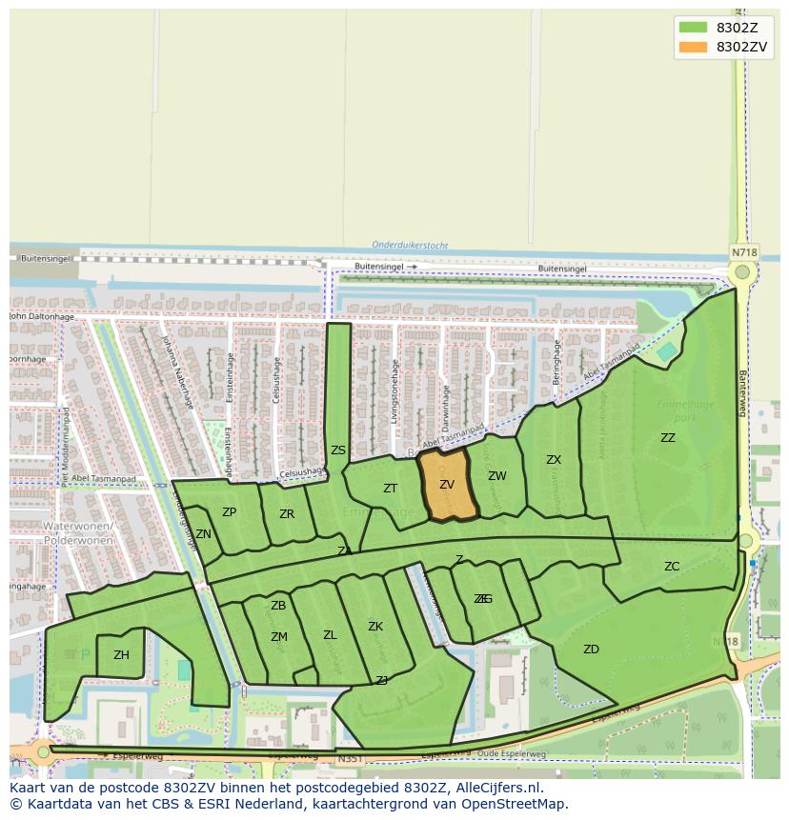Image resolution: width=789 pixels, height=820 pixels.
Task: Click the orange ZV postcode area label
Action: pyautogui.click(x=447, y=485)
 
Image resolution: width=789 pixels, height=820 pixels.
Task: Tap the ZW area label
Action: pyautogui.click(x=496, y=476)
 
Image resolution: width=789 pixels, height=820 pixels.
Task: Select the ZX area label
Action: pyautogui.click(x=554, y=460)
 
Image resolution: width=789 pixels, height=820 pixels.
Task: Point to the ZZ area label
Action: pyautogui.click(x=668, y=438)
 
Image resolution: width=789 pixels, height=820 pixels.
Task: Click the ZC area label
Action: pyautogui.click(x=672, y=567)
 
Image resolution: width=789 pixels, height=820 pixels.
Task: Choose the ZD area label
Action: pyautogui.click(x=591, y=650)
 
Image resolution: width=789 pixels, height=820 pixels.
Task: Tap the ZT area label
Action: pyautogui.click(x=390, y=489)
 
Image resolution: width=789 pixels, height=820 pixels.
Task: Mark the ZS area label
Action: pyautogui.click(x=338, y=450)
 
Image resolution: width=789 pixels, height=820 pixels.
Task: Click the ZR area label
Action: pyautogui.click(x=287, y=514)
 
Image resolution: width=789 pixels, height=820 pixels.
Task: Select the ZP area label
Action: pyautogui.click(x=229, y=512)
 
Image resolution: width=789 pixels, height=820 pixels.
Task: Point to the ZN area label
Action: pyautogui.click(x=203, y=534)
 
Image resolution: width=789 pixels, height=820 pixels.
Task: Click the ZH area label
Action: pyautogui.click(x=121, y=655)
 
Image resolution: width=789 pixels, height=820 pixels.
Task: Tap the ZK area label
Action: pyautogui.click(x=375, y=627)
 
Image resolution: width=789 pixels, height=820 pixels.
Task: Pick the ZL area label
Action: pyautogui.click(x=330, y=635)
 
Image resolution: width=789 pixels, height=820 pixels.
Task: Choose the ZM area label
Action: pyautogui.click(x=278, y=637)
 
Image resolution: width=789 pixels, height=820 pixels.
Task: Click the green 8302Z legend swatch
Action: pyautogui.click(x=692, y=28)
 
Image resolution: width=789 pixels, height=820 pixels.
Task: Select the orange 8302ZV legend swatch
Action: pyautogui.click(x=692, y=47)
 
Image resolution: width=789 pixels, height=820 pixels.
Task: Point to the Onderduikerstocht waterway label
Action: pyautogui.click(x=410, y=245)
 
